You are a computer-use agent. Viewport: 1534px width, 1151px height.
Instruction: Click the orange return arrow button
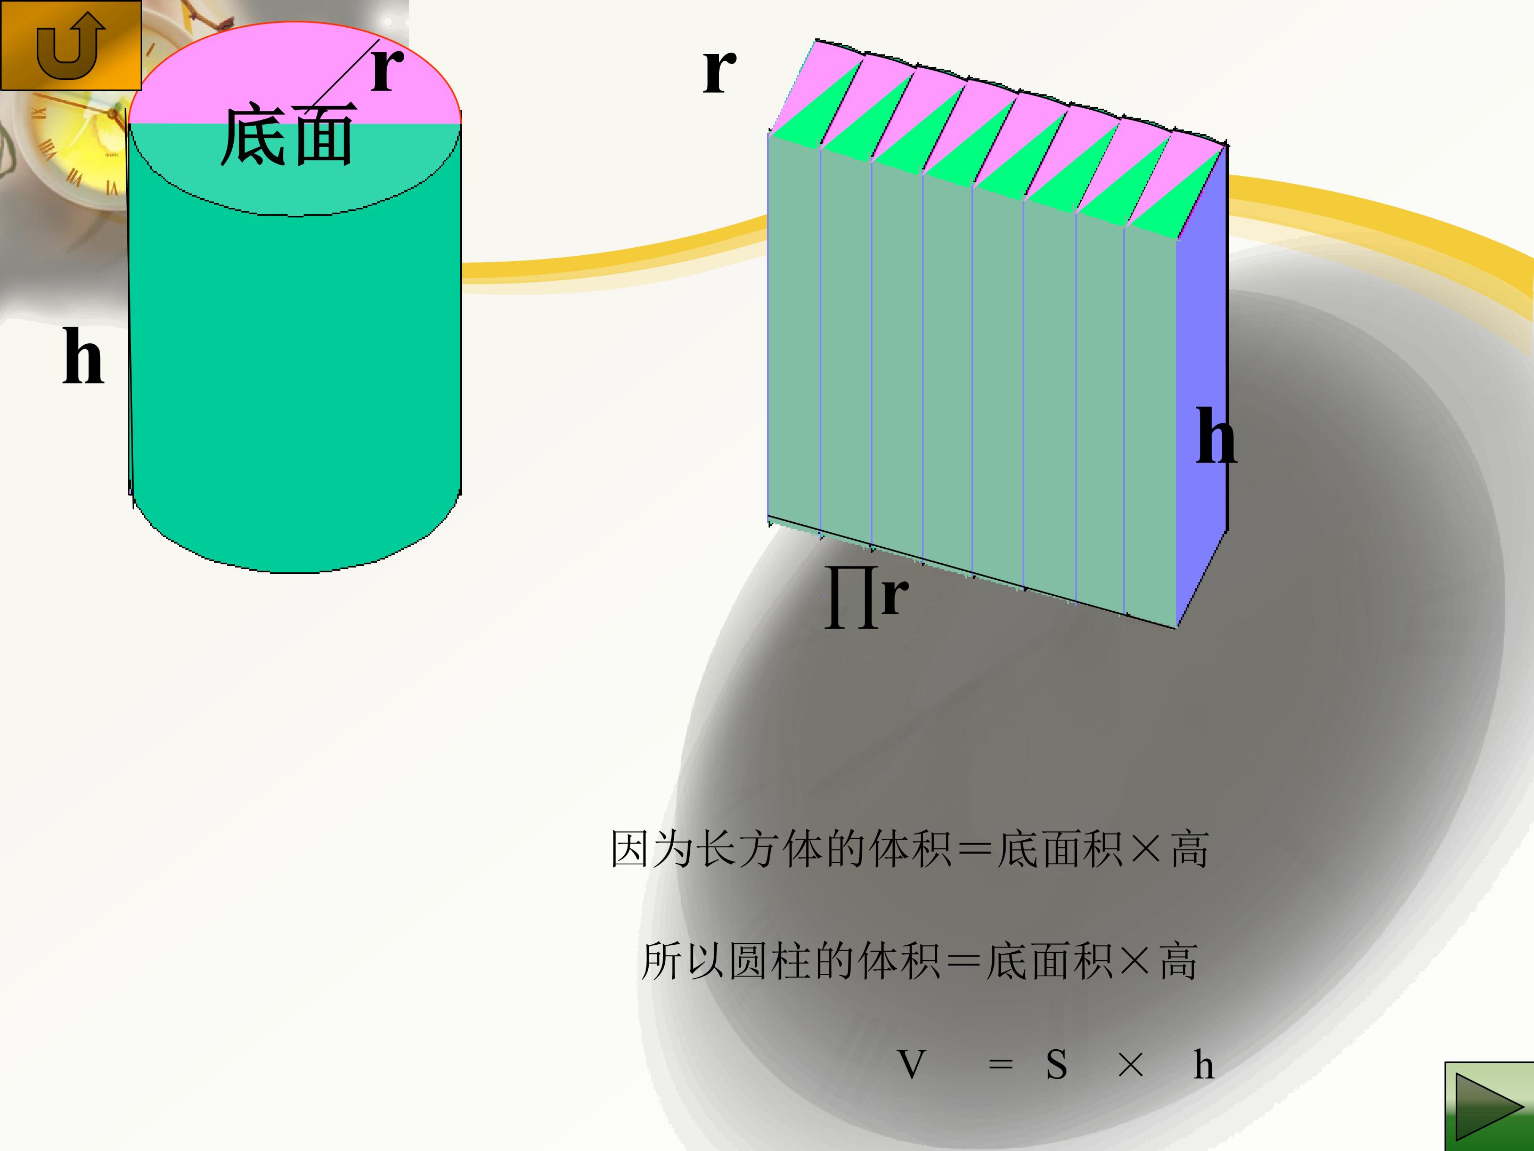click(x=71, y=45)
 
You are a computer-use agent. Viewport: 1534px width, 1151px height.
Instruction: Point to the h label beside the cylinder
click(x=83, y=356)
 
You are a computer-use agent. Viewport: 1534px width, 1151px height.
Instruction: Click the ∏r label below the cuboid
click(x=866, y=597)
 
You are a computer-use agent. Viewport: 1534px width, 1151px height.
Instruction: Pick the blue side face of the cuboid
click(x=1201, y=388)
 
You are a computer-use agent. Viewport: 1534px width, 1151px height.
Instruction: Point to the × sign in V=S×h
click(x=1130, y=1065)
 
